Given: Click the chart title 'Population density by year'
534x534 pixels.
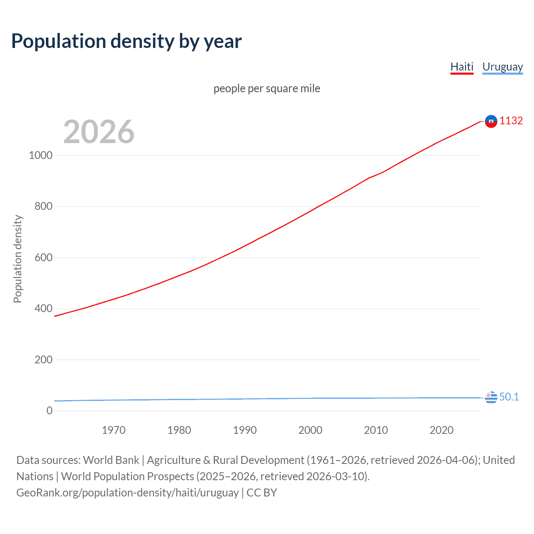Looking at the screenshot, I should (126, 41).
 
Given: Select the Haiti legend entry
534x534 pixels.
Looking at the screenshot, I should (462, 67).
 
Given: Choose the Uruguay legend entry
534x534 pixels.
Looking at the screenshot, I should (502, 67).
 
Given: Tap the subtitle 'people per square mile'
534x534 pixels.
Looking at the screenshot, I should (267, 88).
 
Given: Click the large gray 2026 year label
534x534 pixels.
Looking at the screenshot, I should (99, 132).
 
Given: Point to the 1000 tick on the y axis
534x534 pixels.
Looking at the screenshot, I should (41, 155).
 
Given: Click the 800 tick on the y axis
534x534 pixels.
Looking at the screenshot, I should (43, 206).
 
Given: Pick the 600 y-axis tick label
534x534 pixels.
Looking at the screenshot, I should (43, 257).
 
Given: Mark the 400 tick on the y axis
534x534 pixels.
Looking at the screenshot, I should (43, 308).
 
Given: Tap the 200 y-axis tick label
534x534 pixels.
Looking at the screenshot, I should (43, 360).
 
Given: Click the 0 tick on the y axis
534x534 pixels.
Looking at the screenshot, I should (50, 411).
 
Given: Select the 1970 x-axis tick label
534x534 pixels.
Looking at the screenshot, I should (113, 430).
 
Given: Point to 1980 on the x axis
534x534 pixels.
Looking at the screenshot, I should (179, 430).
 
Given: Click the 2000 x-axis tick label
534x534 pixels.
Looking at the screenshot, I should (310, 430).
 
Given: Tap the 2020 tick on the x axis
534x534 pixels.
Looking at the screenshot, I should (441, 430).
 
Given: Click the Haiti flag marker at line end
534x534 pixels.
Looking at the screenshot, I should (491, 121).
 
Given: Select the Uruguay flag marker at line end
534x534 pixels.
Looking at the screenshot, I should (491, 397).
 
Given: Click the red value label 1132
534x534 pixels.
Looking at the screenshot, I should (511, 121).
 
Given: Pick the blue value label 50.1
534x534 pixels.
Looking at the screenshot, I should (509, 397).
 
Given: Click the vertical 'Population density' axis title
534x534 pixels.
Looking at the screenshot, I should (18, 259).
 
